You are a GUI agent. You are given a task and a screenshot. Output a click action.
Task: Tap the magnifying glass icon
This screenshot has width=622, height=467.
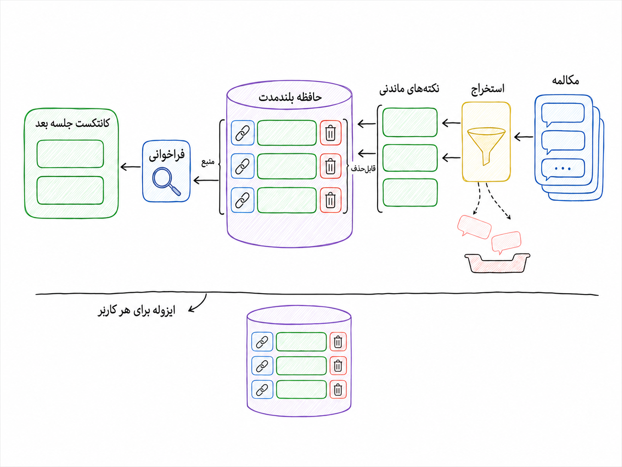(166, 181)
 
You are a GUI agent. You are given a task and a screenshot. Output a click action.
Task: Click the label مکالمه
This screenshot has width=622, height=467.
(565, 81)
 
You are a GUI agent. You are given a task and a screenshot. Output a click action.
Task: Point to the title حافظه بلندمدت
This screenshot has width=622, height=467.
(290, 97)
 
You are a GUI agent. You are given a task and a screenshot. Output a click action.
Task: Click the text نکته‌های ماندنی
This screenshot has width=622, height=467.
(409, 89)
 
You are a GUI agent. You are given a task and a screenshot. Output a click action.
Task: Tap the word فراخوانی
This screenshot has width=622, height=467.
(167, 155)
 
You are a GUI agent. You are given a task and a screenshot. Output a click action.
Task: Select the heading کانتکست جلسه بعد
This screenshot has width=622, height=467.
(72, 123)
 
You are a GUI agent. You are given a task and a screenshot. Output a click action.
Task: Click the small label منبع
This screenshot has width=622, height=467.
(208, 162)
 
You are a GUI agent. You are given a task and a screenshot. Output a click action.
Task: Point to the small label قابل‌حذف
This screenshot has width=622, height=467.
(363, 169)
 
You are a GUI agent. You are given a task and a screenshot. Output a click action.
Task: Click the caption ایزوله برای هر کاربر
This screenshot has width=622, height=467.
(137, 310)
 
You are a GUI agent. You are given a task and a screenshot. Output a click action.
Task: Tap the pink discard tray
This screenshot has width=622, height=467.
(497, 263)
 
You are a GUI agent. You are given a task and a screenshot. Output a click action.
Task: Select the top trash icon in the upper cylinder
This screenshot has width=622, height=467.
(330, 133)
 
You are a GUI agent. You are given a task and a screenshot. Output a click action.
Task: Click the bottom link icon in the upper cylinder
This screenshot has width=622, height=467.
(243, 200)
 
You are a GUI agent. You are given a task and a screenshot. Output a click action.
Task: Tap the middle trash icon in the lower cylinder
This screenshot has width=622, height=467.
(338, 366)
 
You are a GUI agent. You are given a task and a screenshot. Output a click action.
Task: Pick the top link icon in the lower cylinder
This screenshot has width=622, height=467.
(262, 342)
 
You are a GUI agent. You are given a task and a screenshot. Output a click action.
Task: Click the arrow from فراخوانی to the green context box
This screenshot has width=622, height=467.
(131, 167)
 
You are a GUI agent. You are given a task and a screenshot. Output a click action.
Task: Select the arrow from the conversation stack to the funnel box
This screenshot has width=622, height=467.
(524, 137)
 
